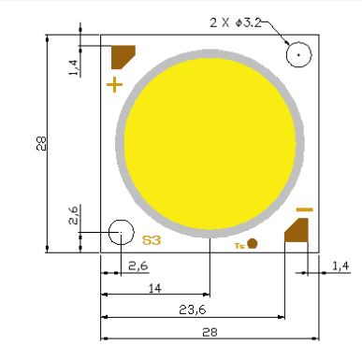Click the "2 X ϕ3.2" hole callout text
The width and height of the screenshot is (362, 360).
point(236,22)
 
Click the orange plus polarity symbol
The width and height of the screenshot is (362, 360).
point(114,85)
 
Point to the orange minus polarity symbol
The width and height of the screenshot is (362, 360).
point(304,209)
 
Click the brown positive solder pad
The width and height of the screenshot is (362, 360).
point(123,57)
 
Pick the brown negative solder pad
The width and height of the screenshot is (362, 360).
point(297,230)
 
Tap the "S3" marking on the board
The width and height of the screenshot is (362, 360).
point(152,240)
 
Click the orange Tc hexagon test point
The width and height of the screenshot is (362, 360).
point(253,244)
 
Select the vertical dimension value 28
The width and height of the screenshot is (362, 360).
point(41,143)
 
